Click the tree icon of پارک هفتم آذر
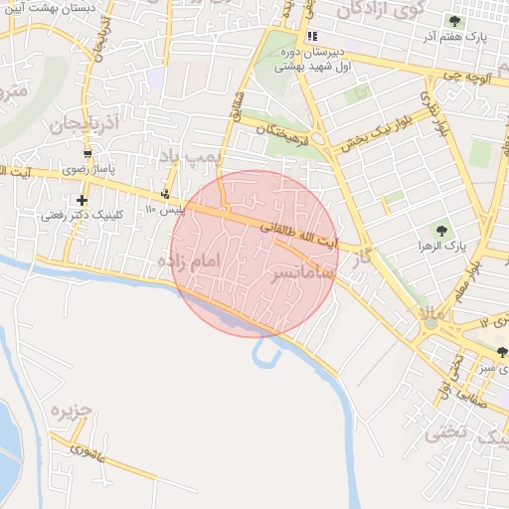pos(454,21)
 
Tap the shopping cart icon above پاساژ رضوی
pos(88,154)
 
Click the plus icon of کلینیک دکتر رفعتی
pos(83,200)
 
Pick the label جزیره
pos(71,411)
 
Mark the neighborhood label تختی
pos(444,432)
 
